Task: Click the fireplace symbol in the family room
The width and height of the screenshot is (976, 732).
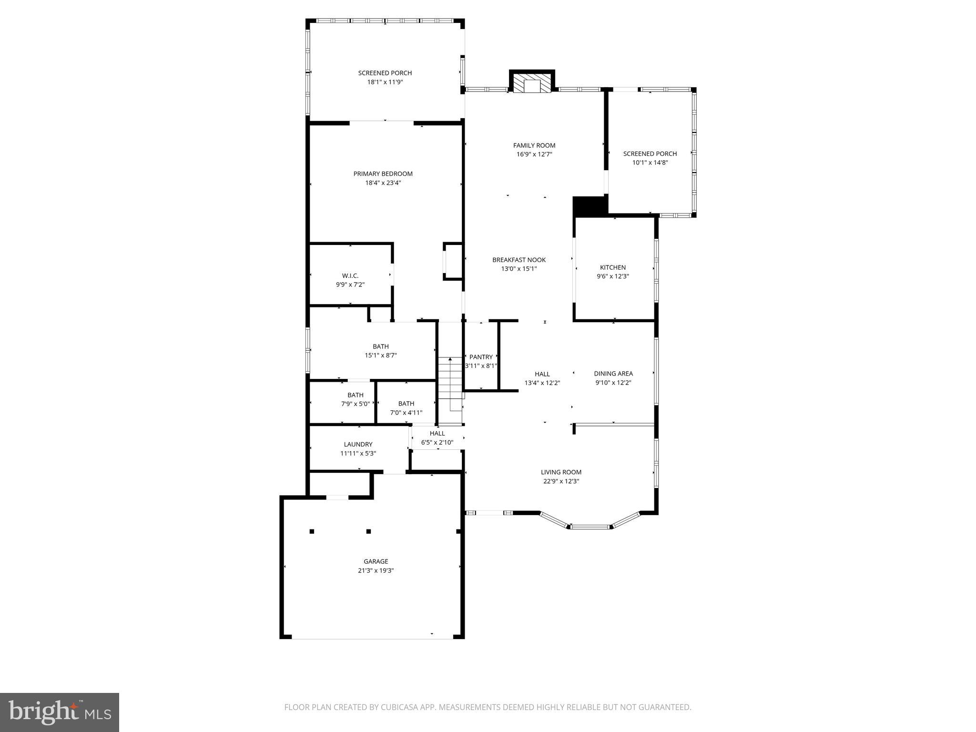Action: [532, 84]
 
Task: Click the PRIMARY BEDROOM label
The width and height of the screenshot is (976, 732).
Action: [383, 174]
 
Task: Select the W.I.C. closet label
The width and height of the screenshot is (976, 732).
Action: [350, 276]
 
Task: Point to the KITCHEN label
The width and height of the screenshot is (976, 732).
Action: [612, 267]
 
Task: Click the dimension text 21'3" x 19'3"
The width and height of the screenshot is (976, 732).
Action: [376, 570]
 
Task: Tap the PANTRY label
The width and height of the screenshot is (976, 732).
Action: [481, 357]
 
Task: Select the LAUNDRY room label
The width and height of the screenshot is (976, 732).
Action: [358, 444]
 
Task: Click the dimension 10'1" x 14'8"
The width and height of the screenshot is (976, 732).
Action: [650, 163]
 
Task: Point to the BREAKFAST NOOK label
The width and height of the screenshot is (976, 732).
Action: [518, 260]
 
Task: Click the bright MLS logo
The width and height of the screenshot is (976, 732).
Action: [60, 712]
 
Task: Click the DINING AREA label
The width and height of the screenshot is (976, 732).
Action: [613, 374]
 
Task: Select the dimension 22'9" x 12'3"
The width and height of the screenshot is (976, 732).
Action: [561, 481]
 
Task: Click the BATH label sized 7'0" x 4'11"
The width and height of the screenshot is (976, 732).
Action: [406, 404]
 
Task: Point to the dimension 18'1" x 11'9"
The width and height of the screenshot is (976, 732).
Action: [385, 82]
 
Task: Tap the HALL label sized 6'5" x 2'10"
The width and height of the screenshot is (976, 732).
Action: [437, 433]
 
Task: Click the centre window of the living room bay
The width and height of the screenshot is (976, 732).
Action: [590, 527]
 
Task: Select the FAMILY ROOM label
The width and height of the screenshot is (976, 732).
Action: [534, 145]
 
